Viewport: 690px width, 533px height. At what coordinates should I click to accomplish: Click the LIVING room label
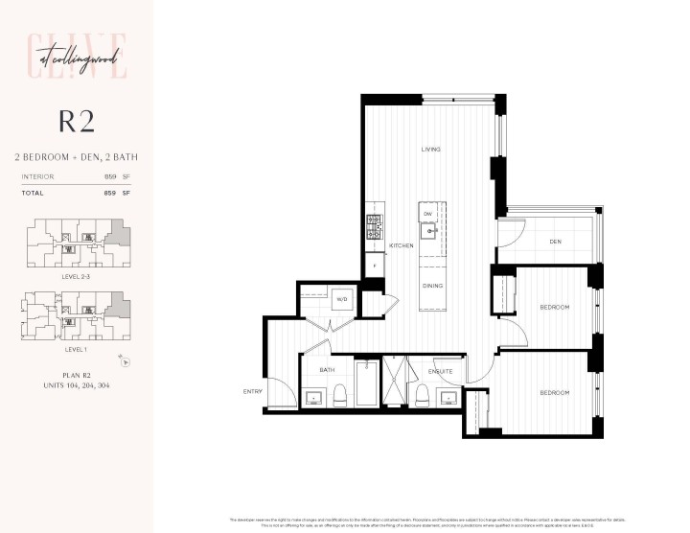pos(430,150)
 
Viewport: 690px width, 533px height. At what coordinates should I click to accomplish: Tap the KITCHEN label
pos(401,246)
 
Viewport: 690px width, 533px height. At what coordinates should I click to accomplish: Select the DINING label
pos(432,285)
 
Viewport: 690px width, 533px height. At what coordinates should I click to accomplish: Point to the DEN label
pos(555,242)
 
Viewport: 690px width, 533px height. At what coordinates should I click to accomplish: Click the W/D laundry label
pos(340,299)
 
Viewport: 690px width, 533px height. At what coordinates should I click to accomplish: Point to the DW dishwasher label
pos(428,214)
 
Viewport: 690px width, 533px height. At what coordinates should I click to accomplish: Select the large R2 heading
pos(76,121)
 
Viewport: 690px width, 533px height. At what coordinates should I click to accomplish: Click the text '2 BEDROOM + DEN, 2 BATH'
pos(76,155)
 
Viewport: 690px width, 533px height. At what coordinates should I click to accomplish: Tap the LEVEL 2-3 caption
pos(76,275)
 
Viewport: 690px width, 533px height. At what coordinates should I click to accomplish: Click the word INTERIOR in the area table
pos(37,176)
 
